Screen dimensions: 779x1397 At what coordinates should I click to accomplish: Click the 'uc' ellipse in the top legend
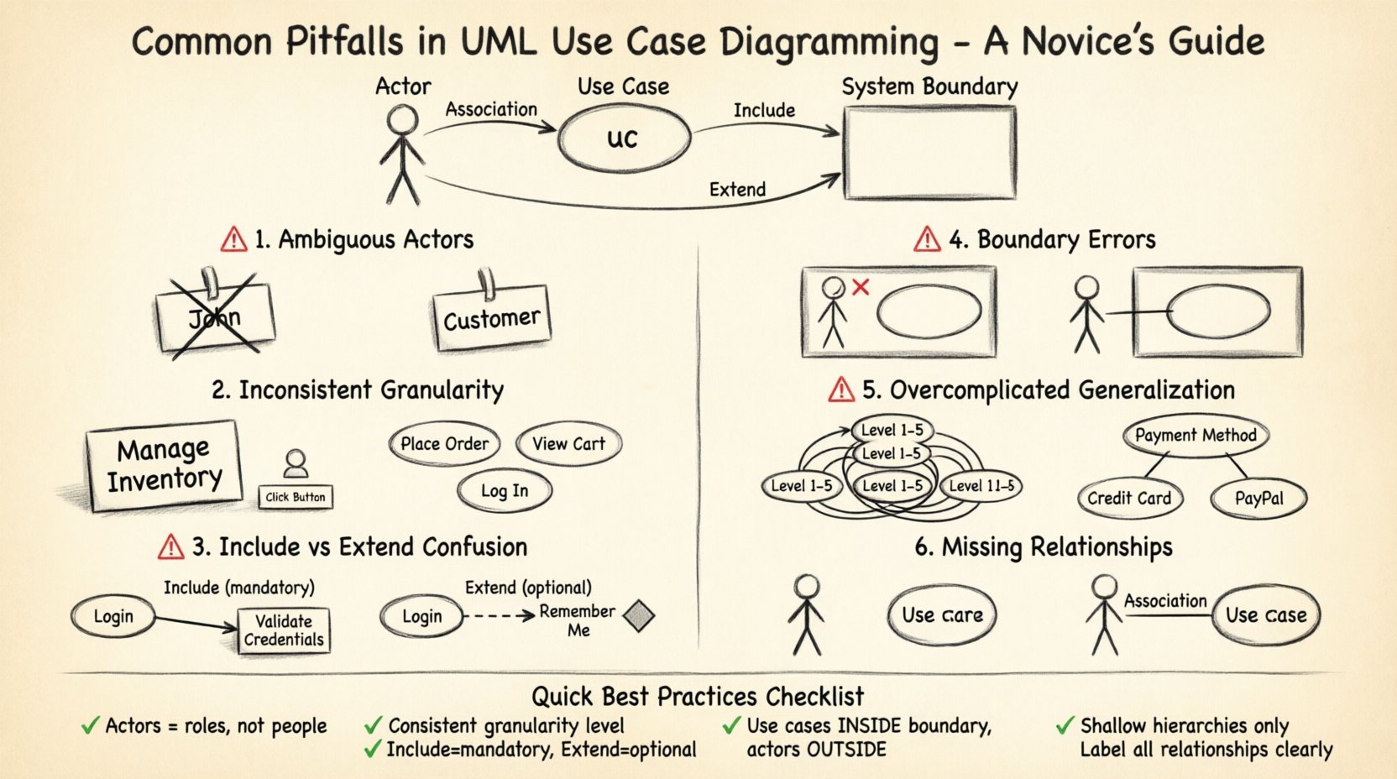tap(624, 139)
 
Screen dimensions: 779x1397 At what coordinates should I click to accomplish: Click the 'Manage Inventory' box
tap(164, 465)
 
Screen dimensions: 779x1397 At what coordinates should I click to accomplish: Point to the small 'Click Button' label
tap(296, 497)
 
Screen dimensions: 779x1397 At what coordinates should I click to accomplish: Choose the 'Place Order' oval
tap(444, 444)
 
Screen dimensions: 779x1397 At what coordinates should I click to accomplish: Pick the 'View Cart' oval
tap(568, 444)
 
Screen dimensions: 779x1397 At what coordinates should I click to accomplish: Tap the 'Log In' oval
tap(505, 491)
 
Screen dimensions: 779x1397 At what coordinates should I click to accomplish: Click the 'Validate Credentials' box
tap(284, 630)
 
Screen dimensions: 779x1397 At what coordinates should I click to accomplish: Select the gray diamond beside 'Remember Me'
tap(640, 616)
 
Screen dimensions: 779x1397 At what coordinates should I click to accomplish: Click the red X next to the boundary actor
tap(861, 287)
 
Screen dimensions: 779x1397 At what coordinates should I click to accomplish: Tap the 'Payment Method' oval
tap(1196, 436)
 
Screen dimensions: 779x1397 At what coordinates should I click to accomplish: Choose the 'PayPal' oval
tap(1258, 499)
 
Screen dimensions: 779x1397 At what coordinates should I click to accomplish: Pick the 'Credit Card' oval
tap(1129, 499)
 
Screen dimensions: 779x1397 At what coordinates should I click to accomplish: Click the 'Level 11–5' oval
tap(981, 486)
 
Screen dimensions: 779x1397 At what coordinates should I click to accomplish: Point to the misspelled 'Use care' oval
tap(942, 615)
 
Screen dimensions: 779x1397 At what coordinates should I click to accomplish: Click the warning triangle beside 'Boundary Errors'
tap(927, 240)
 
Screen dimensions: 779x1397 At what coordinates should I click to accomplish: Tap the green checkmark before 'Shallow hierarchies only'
tap(1065, 725)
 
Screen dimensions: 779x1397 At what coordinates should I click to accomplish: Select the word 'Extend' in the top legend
tap(737, 190)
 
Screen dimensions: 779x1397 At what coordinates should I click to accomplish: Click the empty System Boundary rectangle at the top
tap(929, 153)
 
